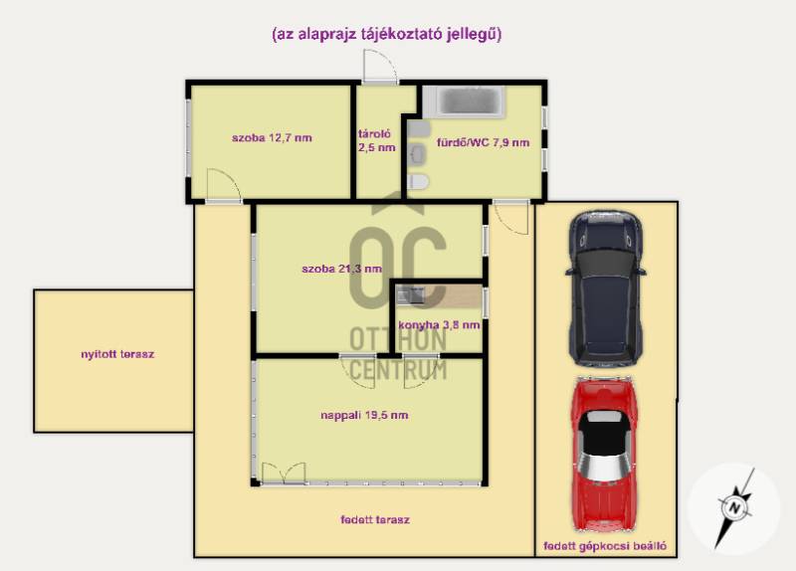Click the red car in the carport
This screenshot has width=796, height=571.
(604, 454)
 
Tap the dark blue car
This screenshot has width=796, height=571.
(605, 287)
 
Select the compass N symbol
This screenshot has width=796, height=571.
(734, 508)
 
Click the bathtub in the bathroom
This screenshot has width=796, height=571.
(465, 101)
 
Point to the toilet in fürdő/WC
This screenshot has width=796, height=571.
(418, 182)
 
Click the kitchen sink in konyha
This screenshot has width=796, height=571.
(410, 294)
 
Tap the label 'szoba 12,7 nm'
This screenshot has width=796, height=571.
(272, 137)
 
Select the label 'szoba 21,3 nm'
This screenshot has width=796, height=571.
(341, 269)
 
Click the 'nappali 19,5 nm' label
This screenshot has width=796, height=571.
(364, 415)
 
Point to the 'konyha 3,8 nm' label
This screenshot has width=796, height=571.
(439, 325)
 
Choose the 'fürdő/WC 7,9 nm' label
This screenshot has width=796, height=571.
(484, 142)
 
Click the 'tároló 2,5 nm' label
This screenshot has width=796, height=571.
(376, 141)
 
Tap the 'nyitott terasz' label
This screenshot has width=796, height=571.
(117, 354)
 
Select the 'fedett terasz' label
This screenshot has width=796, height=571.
(375, 519)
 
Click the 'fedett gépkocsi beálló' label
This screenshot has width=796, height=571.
(605, 546)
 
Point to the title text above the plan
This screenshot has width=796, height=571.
(387, 35)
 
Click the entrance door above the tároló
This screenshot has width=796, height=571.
(380, 67)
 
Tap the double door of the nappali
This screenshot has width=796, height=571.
(284, 474)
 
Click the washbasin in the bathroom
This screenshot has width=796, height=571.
(418, 153)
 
